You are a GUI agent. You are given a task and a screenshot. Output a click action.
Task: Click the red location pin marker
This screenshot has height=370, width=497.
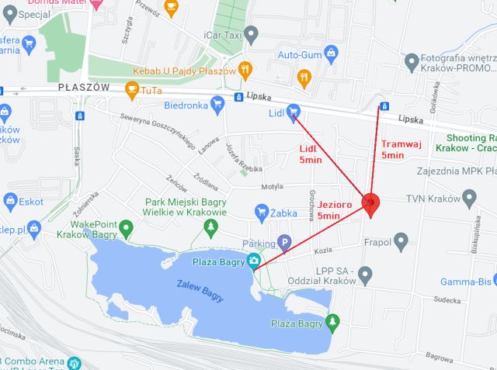(x=370, y=203)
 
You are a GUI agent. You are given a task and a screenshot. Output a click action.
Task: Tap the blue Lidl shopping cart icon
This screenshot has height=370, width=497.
(x=294, y=113)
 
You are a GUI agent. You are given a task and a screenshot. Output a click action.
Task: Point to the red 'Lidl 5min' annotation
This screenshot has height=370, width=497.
(x=311, y=154)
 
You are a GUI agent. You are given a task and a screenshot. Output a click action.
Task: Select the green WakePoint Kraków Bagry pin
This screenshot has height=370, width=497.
(x=126, y=227)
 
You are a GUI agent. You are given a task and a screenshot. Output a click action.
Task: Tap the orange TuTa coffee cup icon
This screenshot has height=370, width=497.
(x=132, y=90)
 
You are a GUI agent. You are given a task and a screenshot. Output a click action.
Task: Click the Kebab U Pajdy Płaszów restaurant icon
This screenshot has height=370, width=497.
(x=245, y=69)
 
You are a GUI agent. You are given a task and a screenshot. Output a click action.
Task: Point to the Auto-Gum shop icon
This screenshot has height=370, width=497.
(x=332, y=54)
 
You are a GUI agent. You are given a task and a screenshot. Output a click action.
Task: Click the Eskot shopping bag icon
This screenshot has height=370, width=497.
(x=10, y=202)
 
